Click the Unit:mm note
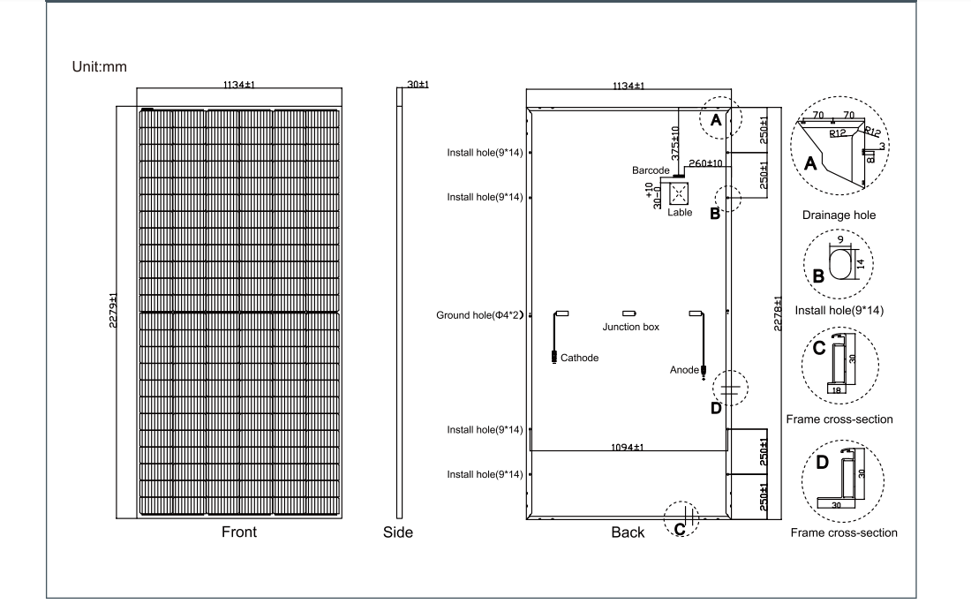click(x=99, y=67)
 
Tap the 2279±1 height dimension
click(x=113, y=310)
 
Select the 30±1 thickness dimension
click(x=418, y=84)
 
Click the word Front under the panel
click(x=239, y=532)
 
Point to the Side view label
click(x=397, y=532)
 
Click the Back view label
click(x=628, y=532)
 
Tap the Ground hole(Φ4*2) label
click(x=480, y=315)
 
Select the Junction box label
click(x=631, y=327)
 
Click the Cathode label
click(x=580, y=358)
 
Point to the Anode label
click(x=684, y=370)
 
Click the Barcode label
click(x=651, y=170)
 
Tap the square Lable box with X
click(x=679, y=194)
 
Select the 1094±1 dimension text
click(x=628, y=448)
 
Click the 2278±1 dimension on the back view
click(x=778, y=313)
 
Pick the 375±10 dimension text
click(x=675, y=144)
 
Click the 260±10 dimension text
click(x=706, y=163)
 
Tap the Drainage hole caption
click(x=839, y=215)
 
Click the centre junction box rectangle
click(x=629, y=313)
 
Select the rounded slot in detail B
click(x=839, y=265)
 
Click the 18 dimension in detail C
click(x=837, y=390)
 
